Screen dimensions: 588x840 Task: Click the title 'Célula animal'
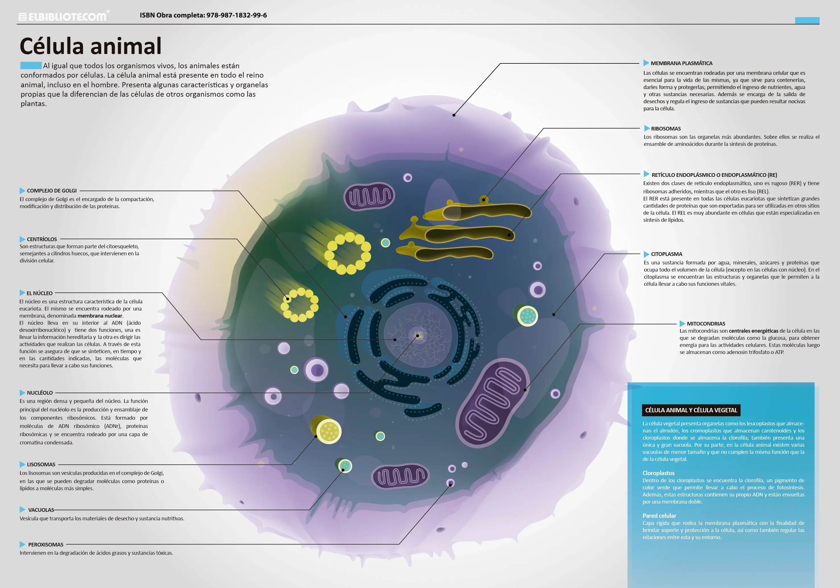point(90,46)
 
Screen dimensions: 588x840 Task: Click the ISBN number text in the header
point(203,15)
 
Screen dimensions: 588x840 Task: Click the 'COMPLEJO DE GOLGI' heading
point(51,191)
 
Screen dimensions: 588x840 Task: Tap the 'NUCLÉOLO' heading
point(40,393)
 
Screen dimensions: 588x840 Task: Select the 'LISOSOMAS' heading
point(41,465)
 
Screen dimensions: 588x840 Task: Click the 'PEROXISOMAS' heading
point(46,545)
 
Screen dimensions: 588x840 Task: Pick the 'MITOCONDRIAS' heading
point(706,324)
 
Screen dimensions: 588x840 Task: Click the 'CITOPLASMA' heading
point(666,254)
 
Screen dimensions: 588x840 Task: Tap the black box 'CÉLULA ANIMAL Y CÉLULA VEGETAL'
point(691,410)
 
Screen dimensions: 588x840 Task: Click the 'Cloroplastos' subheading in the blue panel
point(659,473)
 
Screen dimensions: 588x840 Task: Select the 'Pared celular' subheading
point(659,516)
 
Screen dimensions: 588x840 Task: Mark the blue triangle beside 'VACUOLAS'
point(22,510)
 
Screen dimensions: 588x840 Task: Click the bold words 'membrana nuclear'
point(100,316)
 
